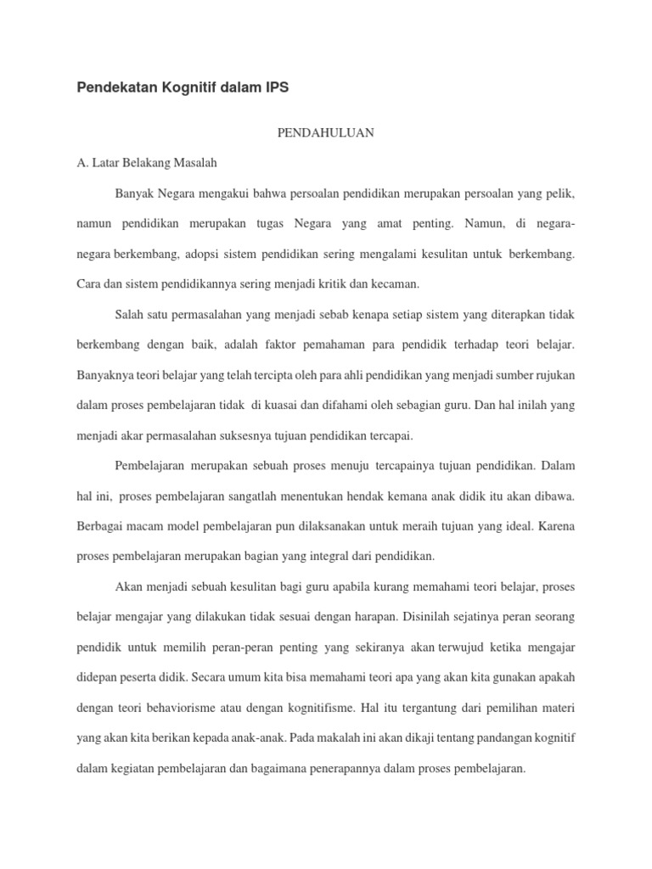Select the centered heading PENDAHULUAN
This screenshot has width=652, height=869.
coord(326,133)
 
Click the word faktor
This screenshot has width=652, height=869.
coord(290,345)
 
